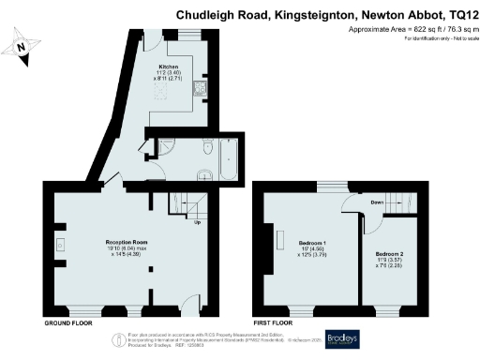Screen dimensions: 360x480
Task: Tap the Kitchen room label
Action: (x=169, y=67)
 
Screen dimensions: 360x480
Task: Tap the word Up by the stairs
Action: (x=197, y=223)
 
